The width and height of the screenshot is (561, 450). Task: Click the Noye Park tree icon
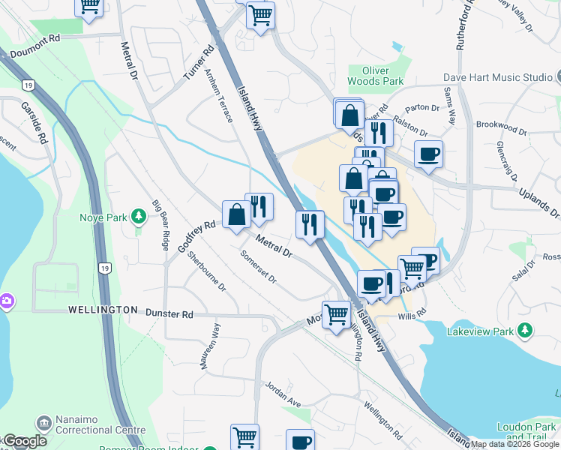pos(138,217)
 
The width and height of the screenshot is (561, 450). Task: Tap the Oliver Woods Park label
pos(376,75)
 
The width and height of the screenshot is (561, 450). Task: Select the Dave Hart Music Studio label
pos(507,77)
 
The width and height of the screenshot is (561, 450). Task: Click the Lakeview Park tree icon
pos(526,330)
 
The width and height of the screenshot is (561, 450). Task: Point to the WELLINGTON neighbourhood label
pos(103,310)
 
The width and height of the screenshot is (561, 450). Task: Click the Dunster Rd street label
pos(169,314)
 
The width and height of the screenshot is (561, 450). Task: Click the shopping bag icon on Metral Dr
pos(236,215)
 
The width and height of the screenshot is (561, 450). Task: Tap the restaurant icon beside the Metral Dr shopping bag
pos(259,207)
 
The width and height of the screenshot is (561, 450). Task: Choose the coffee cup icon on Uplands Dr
pos(428,155)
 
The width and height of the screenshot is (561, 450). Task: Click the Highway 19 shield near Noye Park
pos(104,268)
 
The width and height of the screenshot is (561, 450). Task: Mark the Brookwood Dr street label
pos(501,127)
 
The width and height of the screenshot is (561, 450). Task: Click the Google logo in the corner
pos(25,441)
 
